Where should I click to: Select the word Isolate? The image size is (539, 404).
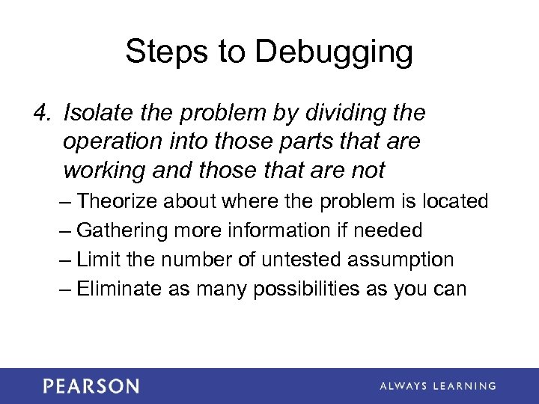(x=95, y=113)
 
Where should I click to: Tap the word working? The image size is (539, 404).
(x=106, y=171)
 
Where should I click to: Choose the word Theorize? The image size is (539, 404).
(x=118, y=201)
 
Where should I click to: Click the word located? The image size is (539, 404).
(x=456, y=201)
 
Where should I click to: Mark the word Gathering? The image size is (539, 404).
(x=124, y=231)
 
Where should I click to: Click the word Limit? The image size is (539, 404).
(x=94, y=260)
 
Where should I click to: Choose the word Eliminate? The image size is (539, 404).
(x=121, y=289)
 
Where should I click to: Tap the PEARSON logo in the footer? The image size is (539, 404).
(x=91, y=386)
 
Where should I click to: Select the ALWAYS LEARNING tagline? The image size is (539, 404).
(x=437, y=386)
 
